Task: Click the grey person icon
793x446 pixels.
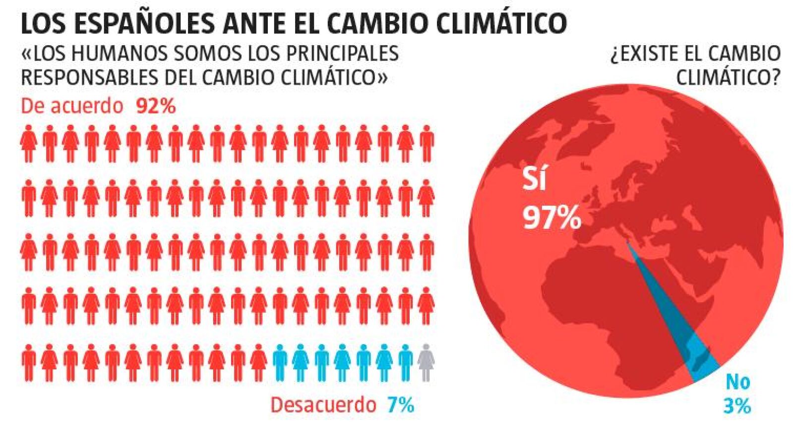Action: point(426,363)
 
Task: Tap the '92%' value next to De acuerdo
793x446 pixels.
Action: point(156,106)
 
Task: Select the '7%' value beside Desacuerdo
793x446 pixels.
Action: point(401,405)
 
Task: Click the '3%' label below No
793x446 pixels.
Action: point(737,406)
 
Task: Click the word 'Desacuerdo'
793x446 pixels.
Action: point(323,405)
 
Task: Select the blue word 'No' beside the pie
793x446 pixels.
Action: point(738,382)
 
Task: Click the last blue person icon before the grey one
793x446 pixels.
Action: point(405,363)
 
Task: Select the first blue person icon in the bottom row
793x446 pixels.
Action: point(280,363)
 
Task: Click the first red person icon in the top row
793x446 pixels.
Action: point(28,144)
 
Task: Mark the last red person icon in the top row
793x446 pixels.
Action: point(427,144)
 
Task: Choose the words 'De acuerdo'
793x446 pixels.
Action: point(72,106)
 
